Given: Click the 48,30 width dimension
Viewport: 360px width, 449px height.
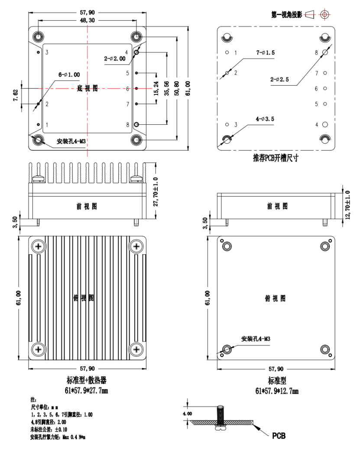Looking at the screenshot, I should tap(87, 20).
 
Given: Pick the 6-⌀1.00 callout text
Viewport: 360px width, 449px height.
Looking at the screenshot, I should tap(66, 75).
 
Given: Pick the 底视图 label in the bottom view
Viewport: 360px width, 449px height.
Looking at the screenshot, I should tap(87, 89).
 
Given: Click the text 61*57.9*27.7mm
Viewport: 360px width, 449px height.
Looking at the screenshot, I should tap(87, 391).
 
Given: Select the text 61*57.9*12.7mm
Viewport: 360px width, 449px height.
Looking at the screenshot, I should tap(276, 391).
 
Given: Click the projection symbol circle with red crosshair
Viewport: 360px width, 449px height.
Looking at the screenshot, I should tap(324, 14).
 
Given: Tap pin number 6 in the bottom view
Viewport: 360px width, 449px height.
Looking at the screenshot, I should tap(128, 89).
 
